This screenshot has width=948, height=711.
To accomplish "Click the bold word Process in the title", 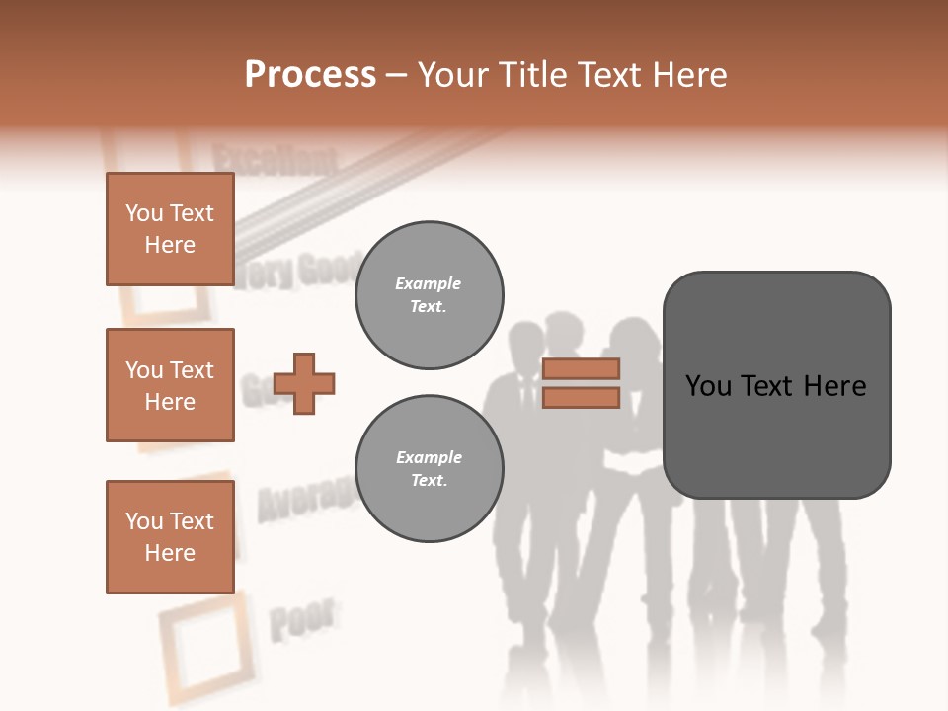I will pos(310,75).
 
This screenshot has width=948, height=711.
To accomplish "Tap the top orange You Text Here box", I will pos(170,229).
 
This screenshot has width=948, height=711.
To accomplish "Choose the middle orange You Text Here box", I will pos(170,385).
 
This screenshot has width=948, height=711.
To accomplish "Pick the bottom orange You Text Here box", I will pos(170,537).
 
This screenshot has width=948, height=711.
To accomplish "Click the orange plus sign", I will pos(304,383).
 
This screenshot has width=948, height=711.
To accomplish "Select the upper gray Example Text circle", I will pos(429,295).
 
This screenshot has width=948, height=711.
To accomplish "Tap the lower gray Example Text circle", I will pos(429,469).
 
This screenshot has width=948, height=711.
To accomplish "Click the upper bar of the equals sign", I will pos(581,368).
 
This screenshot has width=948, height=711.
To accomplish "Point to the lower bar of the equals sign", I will pos(581,398).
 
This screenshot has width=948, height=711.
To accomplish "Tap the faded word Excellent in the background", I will pos(275,159).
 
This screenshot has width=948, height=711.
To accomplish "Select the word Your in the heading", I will pos(455,75).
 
